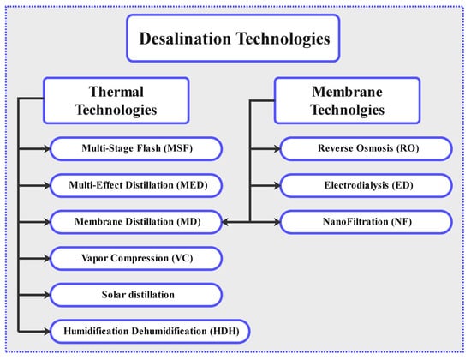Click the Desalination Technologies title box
pyautogui.click(x=233, y=39)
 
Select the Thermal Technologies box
pyautogui.click(x=116, y=100)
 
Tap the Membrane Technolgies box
pyautogui.click(x=347, y=100)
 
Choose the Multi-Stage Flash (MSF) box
pyautogui.click(x=136, y=148)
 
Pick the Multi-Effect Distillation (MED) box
pyautogui.click(x=136, y=185)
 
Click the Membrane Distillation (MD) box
pyautogui.click(x=136, y=222)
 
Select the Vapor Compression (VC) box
pyautogui.click(x=136, y=258)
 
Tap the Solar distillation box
pyautogui.click(x=136, y=295)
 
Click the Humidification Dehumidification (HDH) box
pyautogui.click(x=150, y=332)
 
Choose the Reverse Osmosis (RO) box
pyautogui.click(x=367, y=148)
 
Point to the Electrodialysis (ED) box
pyautogui.click(x=367, y=185)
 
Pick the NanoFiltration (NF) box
pyautogui.click(x=367, y=222)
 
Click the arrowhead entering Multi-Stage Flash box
pyautogui.click(x=47, y=148)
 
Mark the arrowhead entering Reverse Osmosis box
pyautogui.click(x=277, y=148)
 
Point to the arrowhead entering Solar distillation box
pyautogui.click(x=47, y=295)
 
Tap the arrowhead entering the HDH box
pyautogui.click(x=47, y=332)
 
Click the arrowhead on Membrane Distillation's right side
pyautogui.click(x=225, y=222)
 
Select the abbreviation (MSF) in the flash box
pyautogui.click(x=178, y=148)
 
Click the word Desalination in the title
pyautogui.click(x=185, y=39)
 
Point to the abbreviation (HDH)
pyautogui.click(x=224, y=331)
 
